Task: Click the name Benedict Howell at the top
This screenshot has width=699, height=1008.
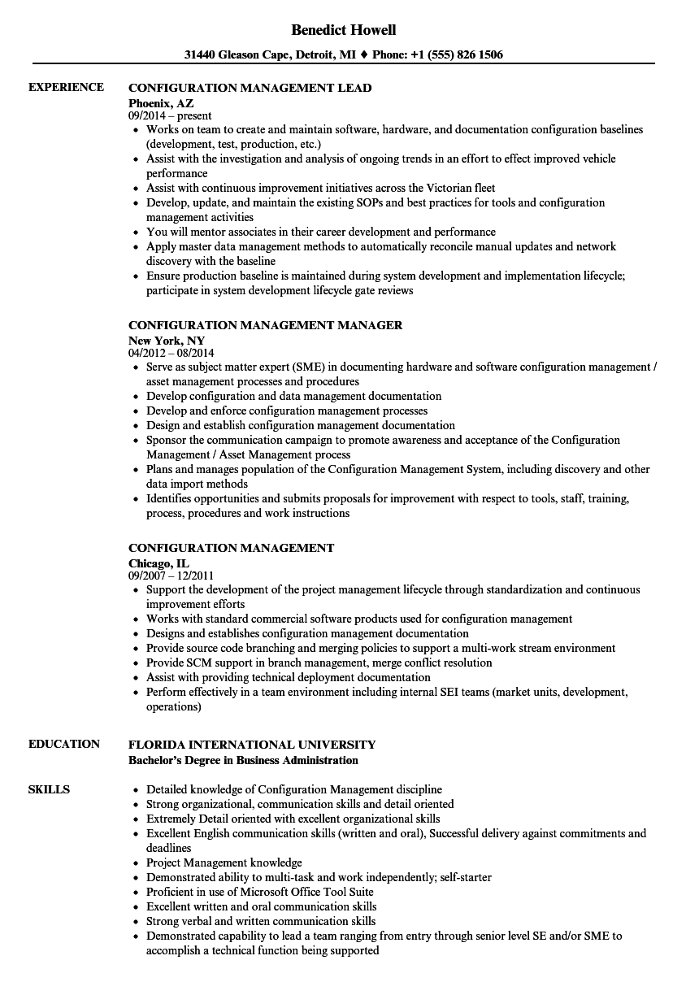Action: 345,30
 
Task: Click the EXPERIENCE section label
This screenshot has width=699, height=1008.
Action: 66,87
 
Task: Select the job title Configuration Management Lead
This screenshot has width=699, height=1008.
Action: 250,87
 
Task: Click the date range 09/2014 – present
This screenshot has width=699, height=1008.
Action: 170,116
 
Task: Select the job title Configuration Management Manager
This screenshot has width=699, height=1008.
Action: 265,324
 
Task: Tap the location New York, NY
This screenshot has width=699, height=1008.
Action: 167,340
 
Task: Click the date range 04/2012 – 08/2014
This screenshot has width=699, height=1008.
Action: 171,354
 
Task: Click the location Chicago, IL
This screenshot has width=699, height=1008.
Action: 158,563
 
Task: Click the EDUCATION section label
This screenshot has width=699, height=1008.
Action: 64,743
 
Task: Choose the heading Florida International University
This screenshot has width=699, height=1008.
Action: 252,744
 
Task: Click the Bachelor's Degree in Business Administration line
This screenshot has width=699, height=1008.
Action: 243,760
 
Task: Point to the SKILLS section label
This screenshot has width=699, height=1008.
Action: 49,789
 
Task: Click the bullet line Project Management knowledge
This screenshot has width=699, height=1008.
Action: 224,862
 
